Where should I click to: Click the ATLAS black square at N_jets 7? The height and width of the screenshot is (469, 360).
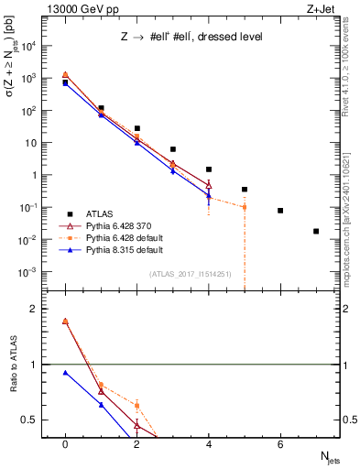coord(316,232)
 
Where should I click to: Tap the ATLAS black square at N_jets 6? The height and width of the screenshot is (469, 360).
coord(280,211)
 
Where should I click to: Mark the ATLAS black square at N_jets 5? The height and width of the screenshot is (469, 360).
coord(245,190)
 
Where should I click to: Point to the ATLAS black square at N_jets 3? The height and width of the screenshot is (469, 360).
coord(172,149)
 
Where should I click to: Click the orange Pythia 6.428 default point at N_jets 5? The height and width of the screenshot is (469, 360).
coord(245,207)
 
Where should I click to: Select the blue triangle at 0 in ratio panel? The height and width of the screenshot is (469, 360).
coord(65,373)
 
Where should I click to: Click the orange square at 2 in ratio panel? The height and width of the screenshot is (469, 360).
coord(136,405)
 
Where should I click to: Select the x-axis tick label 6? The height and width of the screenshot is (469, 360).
coord(280,444)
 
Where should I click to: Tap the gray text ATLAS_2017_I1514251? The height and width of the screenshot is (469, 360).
coord(191,274)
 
